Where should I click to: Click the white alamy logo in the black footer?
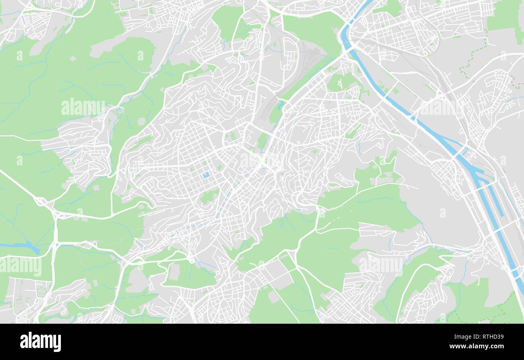40,341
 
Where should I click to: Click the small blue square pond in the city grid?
206,175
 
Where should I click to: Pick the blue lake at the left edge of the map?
20,246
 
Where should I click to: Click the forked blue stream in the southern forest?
285,222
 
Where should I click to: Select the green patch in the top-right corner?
505,18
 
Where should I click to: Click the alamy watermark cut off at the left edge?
20,266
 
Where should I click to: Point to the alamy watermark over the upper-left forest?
83,107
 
